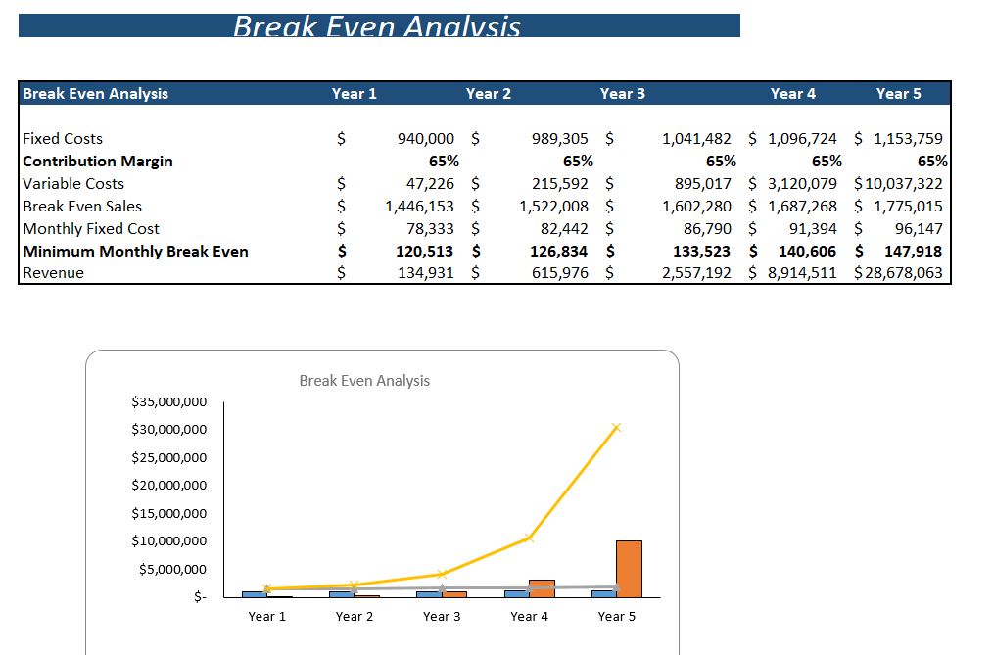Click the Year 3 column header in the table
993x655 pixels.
(x=622, y=94)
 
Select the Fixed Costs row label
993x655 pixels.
(x=63, y=139)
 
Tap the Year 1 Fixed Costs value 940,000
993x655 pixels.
(x=425, y=139)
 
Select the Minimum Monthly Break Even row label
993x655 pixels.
(x=135, y=252)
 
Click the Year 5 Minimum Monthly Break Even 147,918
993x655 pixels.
(x=913, y=252)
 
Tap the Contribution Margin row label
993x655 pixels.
(x=98, y=162)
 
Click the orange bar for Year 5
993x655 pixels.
(x=629, y=569)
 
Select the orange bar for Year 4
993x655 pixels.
(x=542, y=588)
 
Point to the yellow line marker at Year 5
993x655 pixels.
(x=617, y=427)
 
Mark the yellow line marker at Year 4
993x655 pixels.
(x=529, y=538)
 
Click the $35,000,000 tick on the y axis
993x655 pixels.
(x=168, y=401)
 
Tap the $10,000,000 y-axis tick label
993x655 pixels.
(x=168, y=541)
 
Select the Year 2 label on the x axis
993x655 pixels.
(x=355, y=617)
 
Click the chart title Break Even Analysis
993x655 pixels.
(x=364, y=381)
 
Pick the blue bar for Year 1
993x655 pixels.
(x=254, y=593)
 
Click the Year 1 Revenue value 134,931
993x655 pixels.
(x=425, y=273)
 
